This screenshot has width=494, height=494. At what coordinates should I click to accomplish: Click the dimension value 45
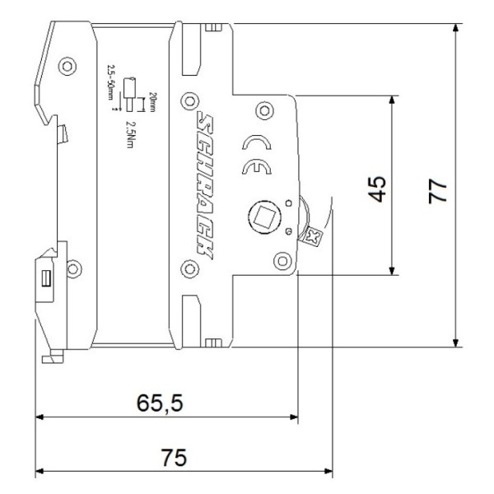(377, 188)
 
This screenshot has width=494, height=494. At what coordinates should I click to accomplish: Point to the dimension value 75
(174, 458)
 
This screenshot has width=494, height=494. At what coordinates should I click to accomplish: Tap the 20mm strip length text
(152, 102)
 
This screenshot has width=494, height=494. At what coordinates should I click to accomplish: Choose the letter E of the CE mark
(254, 170)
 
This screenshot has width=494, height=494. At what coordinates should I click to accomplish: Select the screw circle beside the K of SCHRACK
(189, 266)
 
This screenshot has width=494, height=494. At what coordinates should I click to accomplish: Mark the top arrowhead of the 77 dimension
(454, 30)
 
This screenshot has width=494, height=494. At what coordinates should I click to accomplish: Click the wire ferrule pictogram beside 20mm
(129, 90)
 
